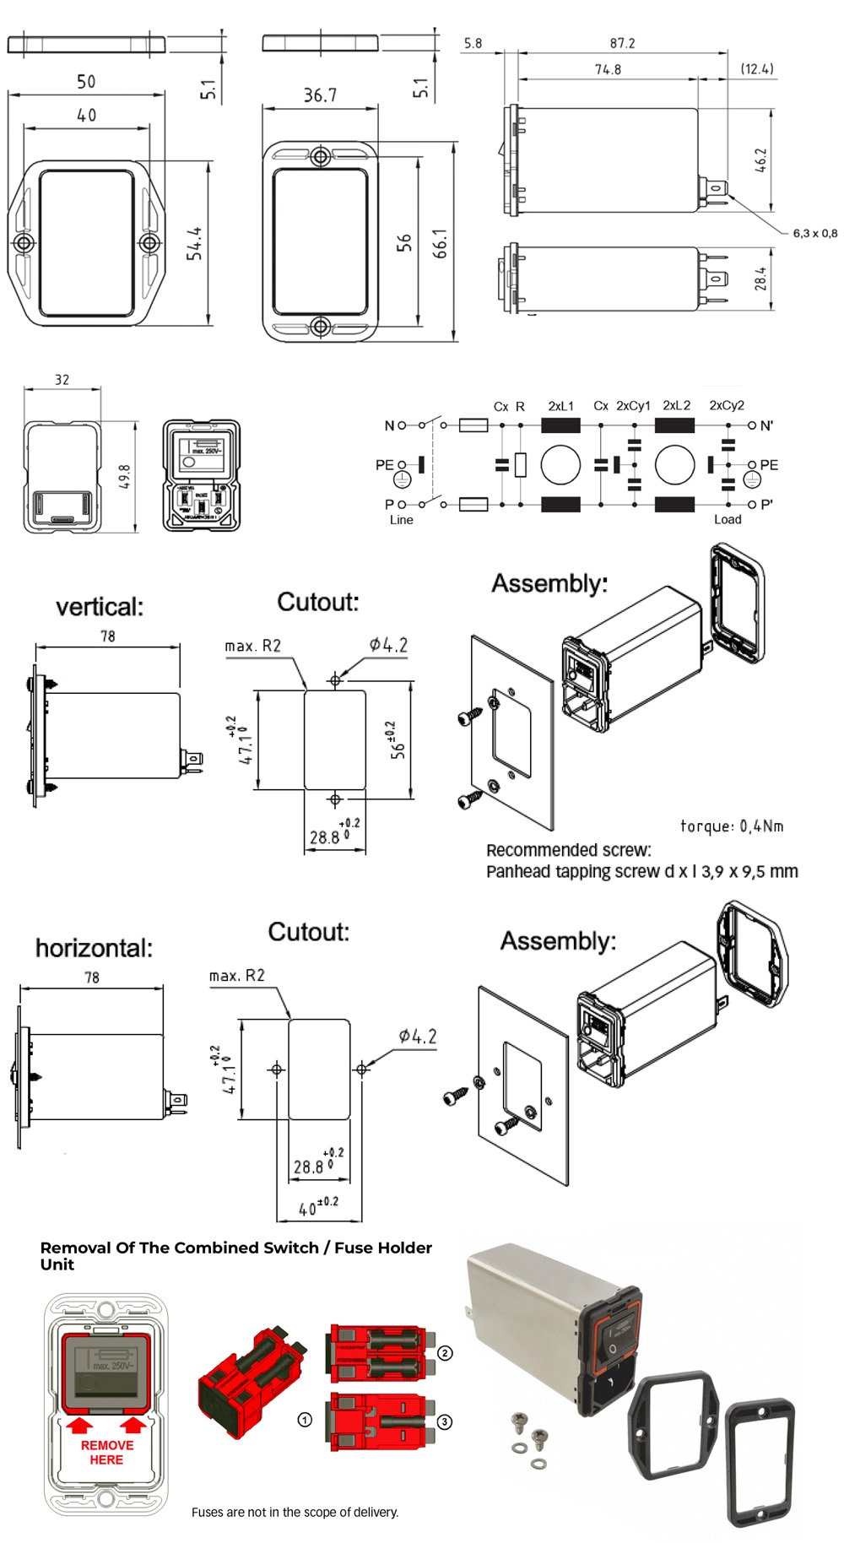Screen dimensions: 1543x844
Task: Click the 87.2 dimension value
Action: click(622, 44)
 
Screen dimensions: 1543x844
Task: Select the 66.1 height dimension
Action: click(440, 243)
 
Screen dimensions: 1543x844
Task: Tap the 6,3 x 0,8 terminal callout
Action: click(814, 233)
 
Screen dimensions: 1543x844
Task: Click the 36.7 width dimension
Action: click(320, 95)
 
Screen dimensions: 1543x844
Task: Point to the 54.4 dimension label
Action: click(194, 243)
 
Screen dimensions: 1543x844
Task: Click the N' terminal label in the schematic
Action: click(766, 425)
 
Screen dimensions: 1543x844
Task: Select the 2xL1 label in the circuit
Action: click(560, 406)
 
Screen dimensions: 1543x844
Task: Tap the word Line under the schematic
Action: click(401, 520)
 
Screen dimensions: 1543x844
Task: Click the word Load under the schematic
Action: click(728, 519)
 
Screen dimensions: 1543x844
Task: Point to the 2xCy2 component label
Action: click(727, 405)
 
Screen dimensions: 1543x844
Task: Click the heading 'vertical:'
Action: click(100, 607)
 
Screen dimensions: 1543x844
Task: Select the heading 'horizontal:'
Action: click(94, 948)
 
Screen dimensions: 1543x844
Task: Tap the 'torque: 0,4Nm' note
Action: click(732, 826)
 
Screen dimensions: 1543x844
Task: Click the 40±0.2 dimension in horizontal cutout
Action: click(318, 1208)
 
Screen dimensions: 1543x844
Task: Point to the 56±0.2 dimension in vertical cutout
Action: click(396, 740)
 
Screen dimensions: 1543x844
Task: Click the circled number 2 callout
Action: click(445, 1353)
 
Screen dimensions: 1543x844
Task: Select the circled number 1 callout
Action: click(305, 1420)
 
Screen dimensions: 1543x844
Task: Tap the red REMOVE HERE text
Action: click(106, 1453)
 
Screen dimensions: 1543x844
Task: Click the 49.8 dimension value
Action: click(125, 477)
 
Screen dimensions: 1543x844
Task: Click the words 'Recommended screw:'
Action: click(569, 850)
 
